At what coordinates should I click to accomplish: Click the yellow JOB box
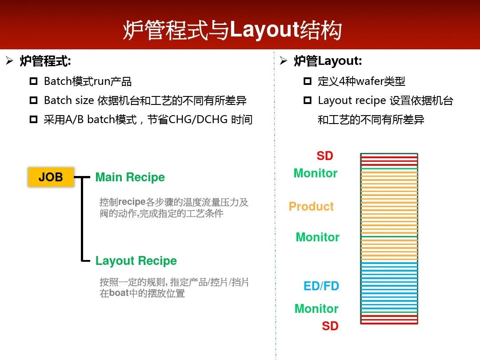[51, 177]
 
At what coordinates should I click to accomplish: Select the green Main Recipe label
[130, 177]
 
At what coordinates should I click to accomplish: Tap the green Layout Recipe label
[136, 261]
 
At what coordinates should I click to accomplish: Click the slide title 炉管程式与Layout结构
[232, 30]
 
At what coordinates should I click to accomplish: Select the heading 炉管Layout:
[328, 61]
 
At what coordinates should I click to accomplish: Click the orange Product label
[311, 207]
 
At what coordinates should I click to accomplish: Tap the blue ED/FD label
[321, 286]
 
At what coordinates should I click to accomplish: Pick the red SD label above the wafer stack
[324, 156]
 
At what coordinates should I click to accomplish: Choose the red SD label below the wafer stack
[330, 326]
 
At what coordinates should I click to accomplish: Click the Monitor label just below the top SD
[315, 173]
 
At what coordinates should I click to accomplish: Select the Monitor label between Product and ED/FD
[317, 237]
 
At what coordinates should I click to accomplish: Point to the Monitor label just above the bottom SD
[316, 309]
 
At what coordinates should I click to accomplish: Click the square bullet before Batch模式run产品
[33, 82]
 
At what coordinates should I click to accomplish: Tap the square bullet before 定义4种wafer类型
[308, 82]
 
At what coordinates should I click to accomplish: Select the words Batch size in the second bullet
[69, 101]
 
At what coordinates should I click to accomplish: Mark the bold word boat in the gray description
[119, 293]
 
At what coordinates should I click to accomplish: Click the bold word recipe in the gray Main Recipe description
[132, 202]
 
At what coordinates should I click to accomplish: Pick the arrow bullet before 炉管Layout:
[284, 61]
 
